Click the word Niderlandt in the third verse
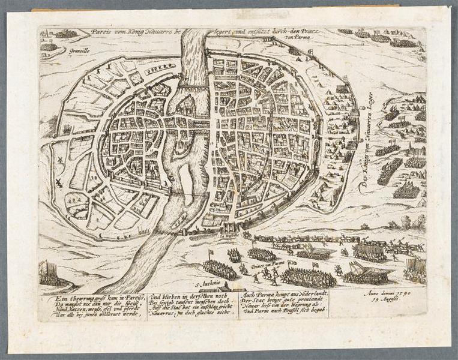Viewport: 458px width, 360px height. pos(306,296)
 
